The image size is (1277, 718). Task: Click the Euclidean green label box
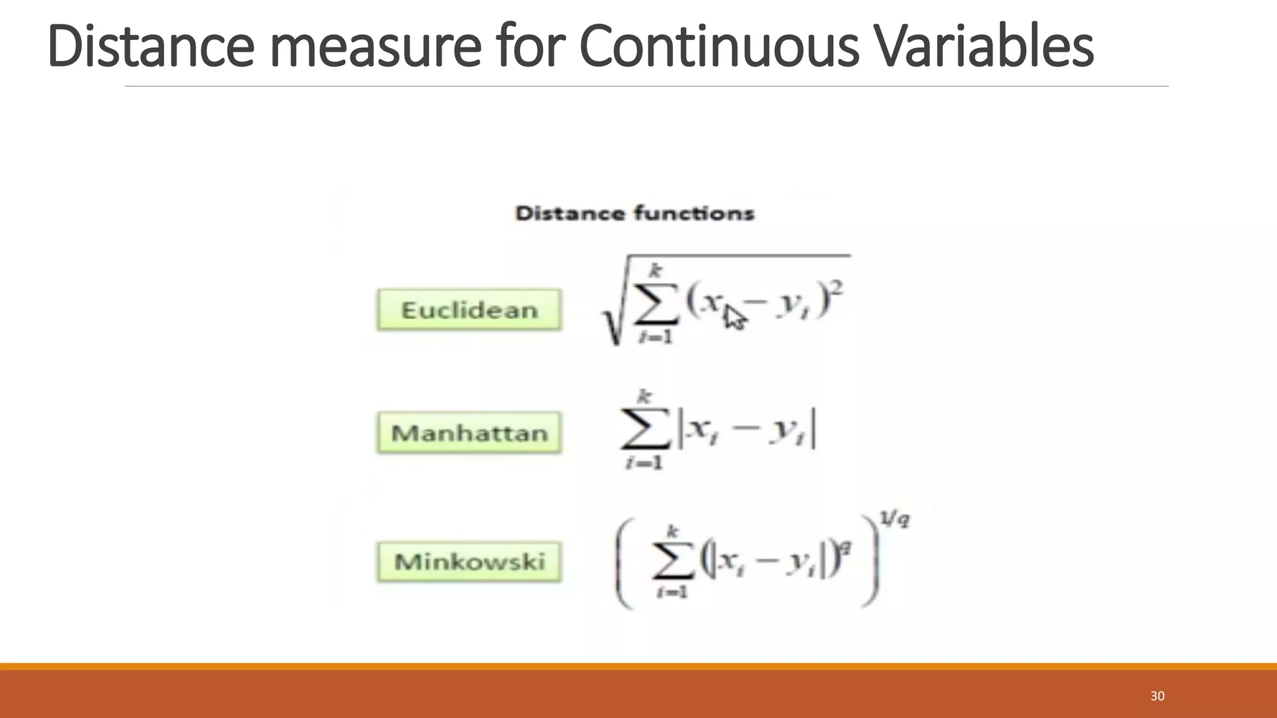pos(469,310)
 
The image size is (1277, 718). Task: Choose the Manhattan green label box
pos(469,433)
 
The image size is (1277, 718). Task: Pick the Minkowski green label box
pos(469,562)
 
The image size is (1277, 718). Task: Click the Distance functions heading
pos(635,214)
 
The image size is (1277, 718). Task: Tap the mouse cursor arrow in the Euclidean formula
pos(734,317)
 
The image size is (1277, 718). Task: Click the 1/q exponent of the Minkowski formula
pos(894,519)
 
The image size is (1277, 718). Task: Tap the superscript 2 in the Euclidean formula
pos(837,288)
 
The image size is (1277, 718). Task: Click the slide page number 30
pos(1157,696)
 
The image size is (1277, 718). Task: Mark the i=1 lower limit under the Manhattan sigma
pos(644,463)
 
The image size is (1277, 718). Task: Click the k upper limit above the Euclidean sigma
pos(655,270)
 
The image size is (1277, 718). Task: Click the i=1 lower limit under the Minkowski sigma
pos(672,591)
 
